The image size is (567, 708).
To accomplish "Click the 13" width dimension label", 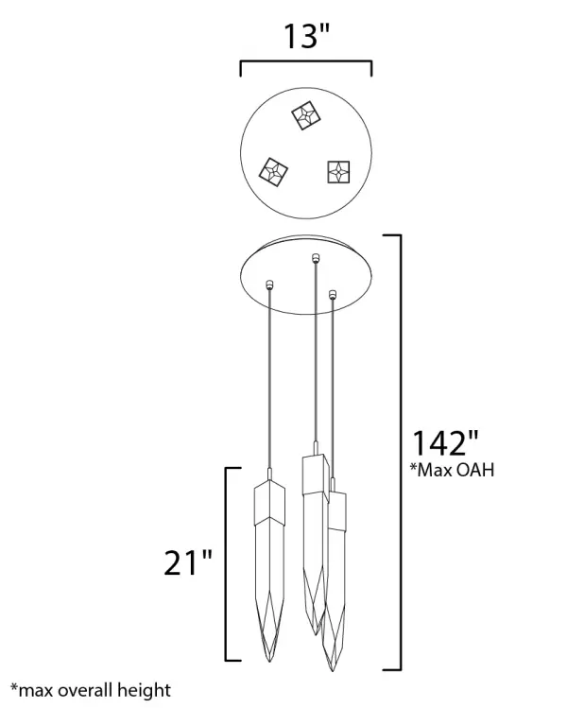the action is (x=306, y=36).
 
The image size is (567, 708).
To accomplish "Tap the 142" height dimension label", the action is (x=445, y=443).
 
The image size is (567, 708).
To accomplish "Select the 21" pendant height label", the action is (x=187, y=562).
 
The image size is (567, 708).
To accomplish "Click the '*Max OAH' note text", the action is (x=452, y=470).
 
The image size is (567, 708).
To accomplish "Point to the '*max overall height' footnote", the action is (x=91, y=691).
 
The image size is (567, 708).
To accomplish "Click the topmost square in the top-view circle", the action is (x=306, y=115).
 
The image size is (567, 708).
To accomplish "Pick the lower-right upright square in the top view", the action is (x=338, y=172).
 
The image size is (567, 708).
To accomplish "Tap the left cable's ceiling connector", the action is (x=269, y=284).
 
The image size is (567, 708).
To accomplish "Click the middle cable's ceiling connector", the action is (x=315, y=258).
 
